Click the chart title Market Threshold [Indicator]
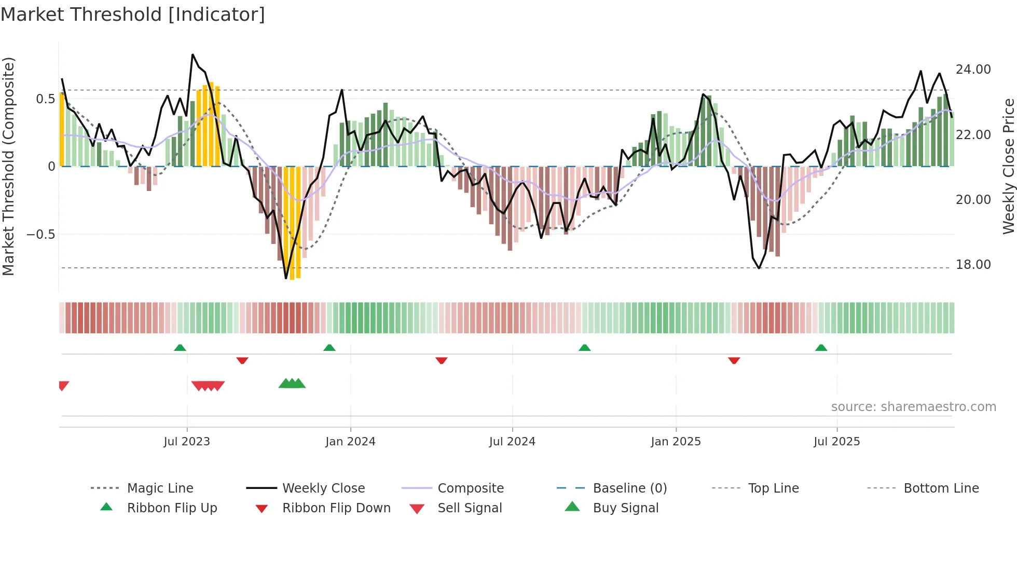coord(133,15)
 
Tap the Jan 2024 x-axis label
coord(350,441)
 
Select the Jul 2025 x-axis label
coord(836,441)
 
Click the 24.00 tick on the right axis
coord(973,69)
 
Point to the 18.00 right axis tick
coord(973,264)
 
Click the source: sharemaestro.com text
coord(913,406)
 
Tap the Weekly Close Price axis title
coord(1008,166)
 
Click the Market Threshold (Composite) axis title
coord(8,166)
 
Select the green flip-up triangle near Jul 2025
coord(821,348)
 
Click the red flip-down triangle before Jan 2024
coord(242,360)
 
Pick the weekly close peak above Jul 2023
coord(193,55)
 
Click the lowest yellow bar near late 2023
coord(292,279)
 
